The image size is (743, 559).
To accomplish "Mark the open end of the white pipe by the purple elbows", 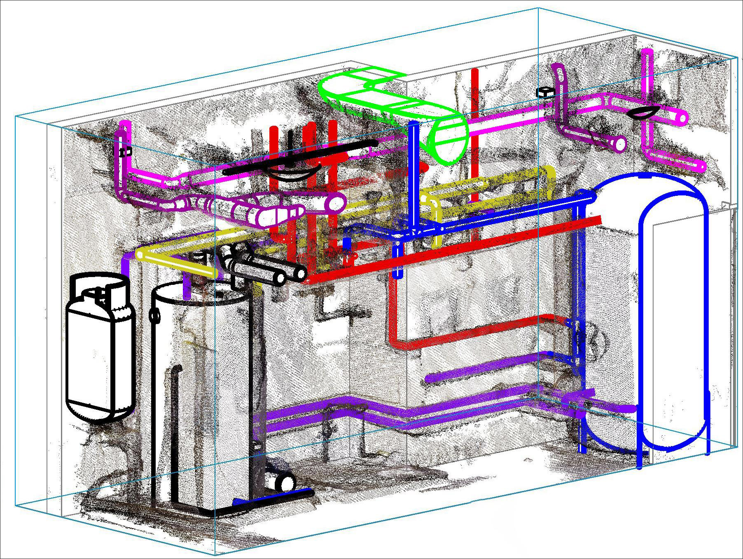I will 338,202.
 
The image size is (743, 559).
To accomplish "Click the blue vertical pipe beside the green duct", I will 413,173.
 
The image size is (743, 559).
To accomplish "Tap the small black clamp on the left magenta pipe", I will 123,152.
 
